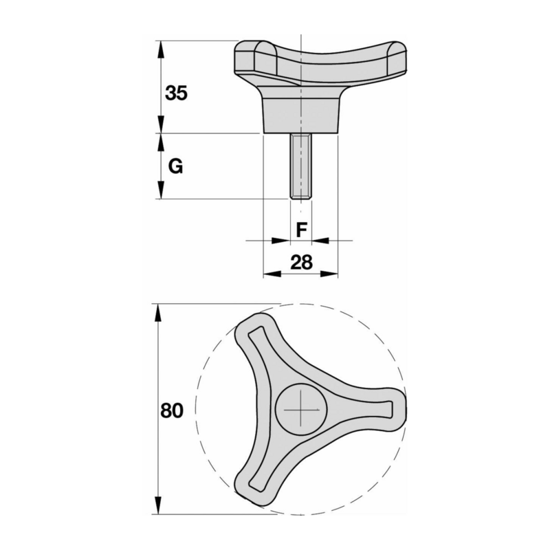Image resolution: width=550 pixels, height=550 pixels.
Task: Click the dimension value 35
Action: pos(176,93)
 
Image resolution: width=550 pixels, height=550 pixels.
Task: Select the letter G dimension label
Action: pos(175,166)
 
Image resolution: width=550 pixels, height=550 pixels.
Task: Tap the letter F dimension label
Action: pos(300,230)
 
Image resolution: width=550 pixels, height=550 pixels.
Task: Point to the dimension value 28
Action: pos(300,262)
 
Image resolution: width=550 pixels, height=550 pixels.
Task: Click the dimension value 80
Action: pos(172,411)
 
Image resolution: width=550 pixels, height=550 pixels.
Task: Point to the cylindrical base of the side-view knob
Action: pos(301,115)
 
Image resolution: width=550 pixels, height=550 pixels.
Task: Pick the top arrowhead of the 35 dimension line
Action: pos(160,47)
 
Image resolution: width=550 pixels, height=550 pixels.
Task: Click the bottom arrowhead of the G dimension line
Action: pos(160,193)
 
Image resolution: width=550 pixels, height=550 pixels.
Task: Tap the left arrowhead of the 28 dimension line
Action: pos(270,274)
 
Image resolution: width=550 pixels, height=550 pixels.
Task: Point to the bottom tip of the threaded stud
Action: pos(301,198)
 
